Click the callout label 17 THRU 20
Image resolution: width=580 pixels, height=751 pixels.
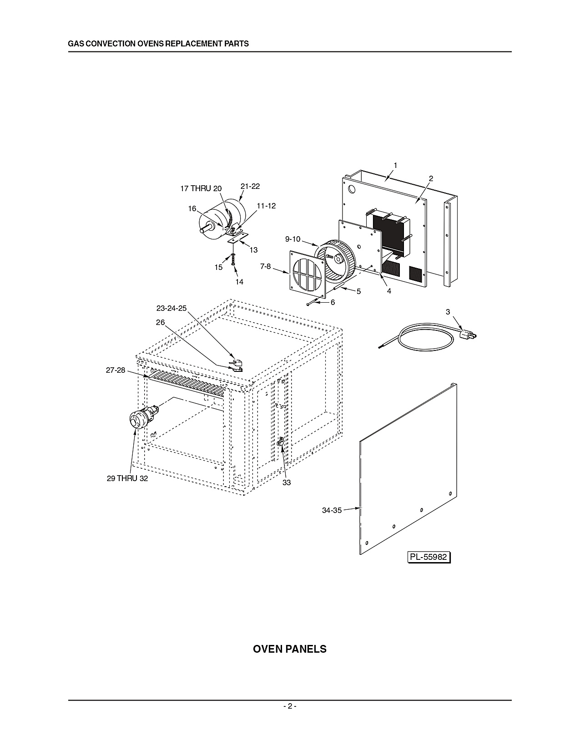point(201,188)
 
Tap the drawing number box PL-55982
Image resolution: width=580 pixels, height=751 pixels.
point(429,557)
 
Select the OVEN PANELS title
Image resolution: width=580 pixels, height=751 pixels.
point(289,649)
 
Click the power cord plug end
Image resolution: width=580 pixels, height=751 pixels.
point(469,334)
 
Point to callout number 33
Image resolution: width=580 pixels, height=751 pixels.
point(287,483)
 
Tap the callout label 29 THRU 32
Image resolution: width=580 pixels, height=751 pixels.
point(127,478)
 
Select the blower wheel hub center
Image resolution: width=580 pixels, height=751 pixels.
point(337,258)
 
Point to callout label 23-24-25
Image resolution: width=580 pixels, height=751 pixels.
point(171,308)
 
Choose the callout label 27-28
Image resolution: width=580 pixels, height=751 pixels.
point(116,370)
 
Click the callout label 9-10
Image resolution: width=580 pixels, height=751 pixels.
point(293,239)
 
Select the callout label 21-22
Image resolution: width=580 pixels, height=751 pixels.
point(250,186)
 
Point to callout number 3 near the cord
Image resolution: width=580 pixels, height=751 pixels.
point(448,312)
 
